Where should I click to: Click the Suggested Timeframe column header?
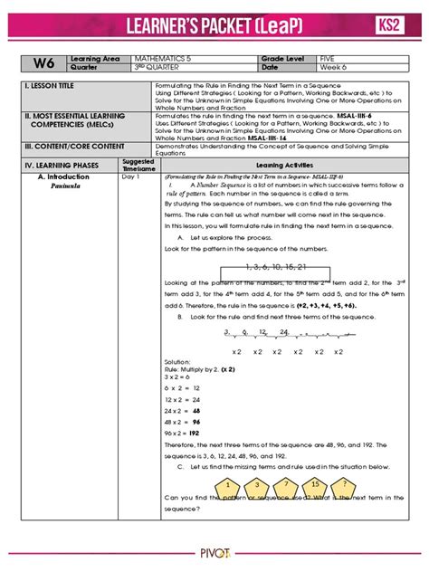click(x=138, y=165)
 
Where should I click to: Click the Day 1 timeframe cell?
click(x=130, y=177)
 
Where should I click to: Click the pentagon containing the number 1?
click(x=221, y=485)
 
